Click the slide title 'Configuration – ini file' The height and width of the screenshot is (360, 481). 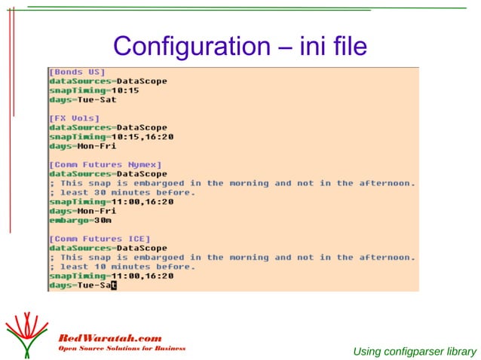pyautogui.click(x=240, y=47)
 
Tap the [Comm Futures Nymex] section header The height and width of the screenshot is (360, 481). pyautogui.click(x=106, y=164)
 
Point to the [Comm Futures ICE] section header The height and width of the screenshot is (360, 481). pyautogui.click(x=100, y=239)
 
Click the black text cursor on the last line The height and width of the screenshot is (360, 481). pyautogui.click(x=114, y=285)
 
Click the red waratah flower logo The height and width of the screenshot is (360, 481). pyautogui.click(x=27, y=331)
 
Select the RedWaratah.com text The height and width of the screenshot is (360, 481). pyautogui.click(x=110, y=337)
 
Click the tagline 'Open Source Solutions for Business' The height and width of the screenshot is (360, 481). pyautogui.click(x=121, y=349)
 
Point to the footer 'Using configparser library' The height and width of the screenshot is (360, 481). pyautogui.click(x=415, y=351)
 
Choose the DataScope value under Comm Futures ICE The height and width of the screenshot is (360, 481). pyautogui.click(x=142, y=248)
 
